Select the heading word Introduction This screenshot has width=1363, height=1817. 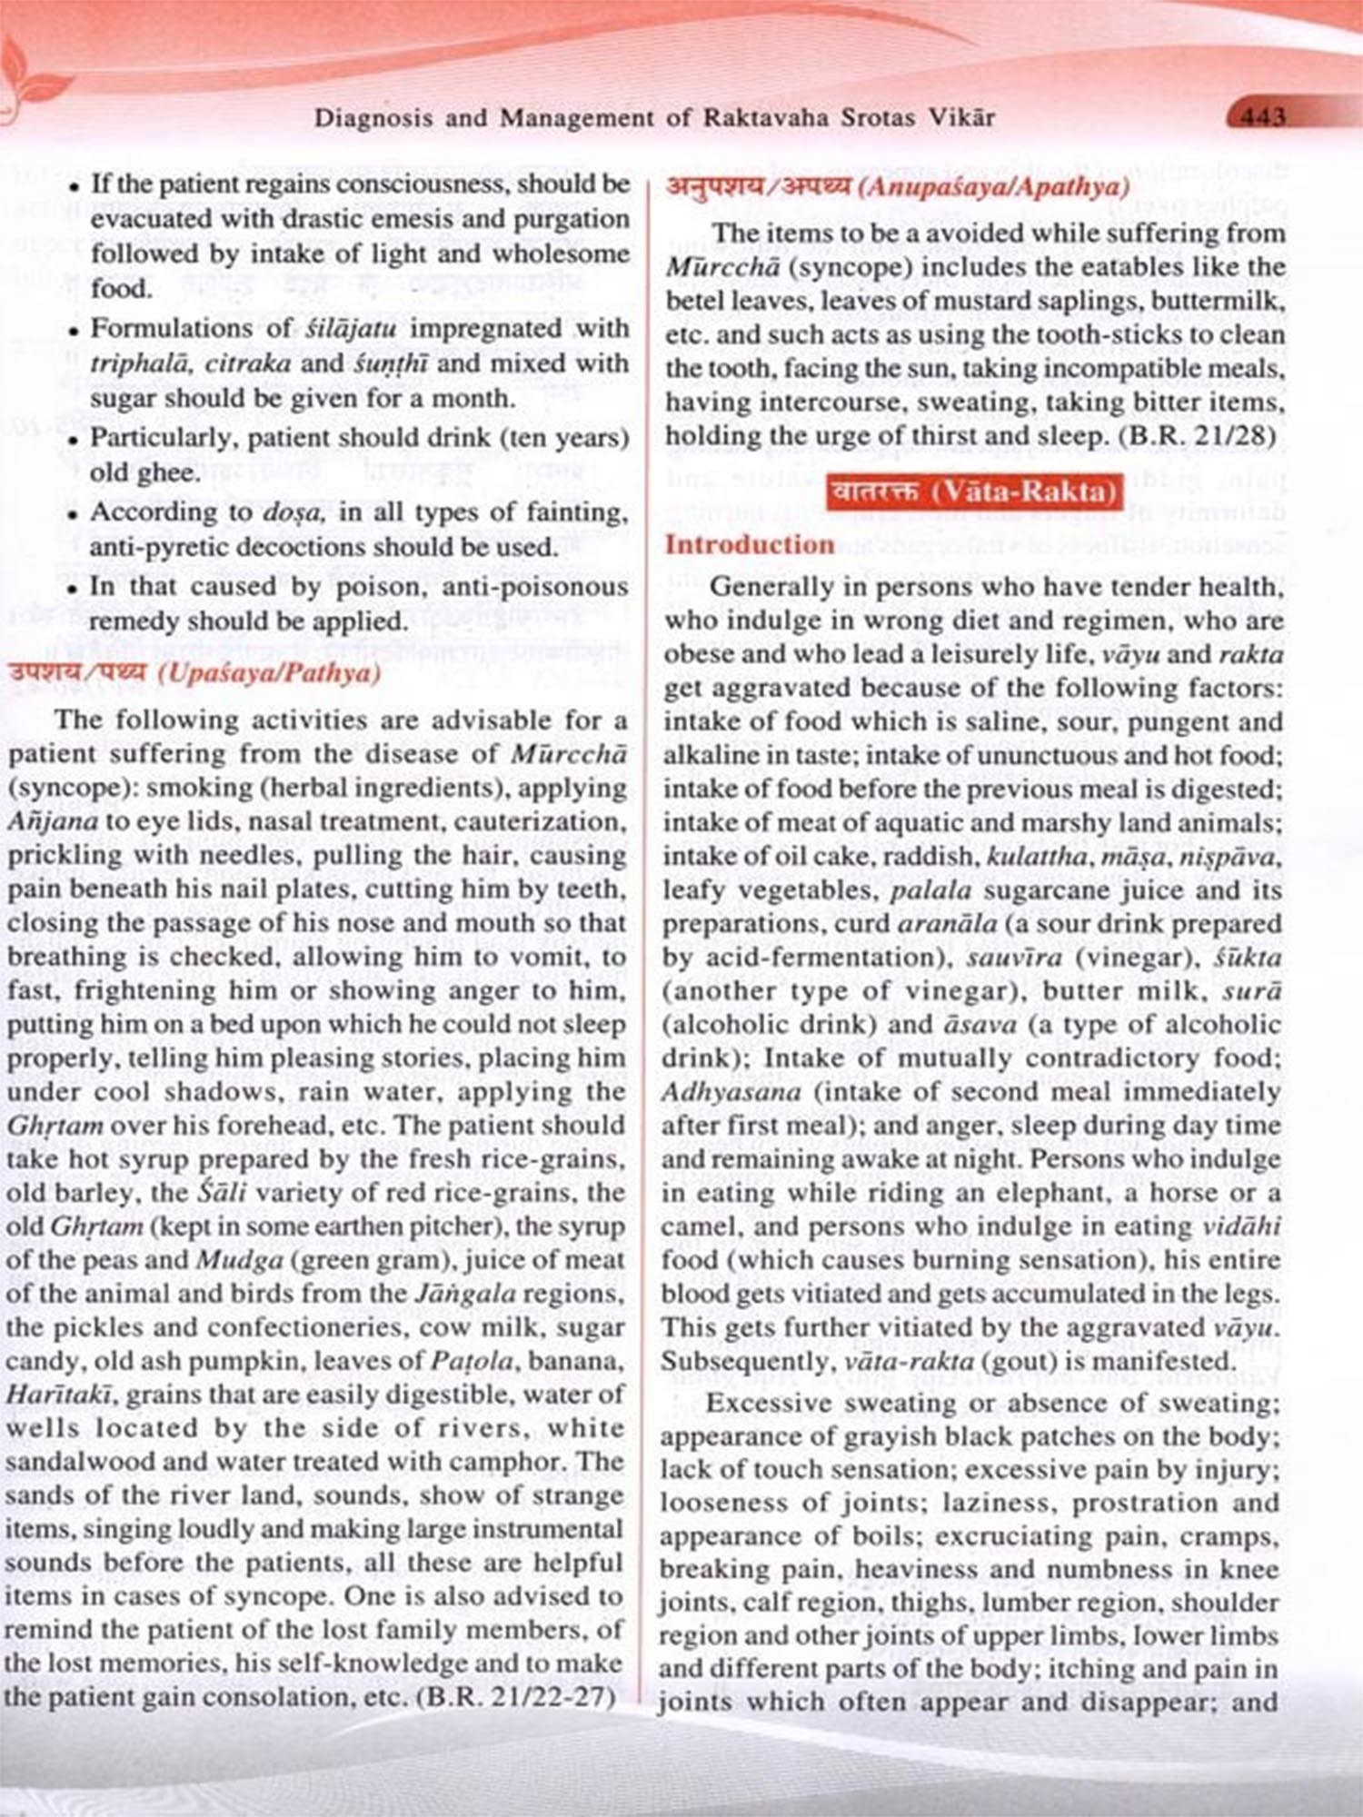click(750, 545)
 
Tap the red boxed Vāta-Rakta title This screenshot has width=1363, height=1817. click(975, 492)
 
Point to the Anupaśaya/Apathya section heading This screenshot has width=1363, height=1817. click(898, 188)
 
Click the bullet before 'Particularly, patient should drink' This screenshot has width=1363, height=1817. click(75, 440)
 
